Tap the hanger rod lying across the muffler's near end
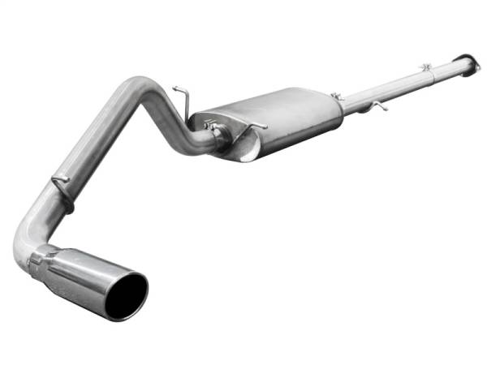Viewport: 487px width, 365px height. pos(243,125)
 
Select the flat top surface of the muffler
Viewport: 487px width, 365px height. pos(268,105)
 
